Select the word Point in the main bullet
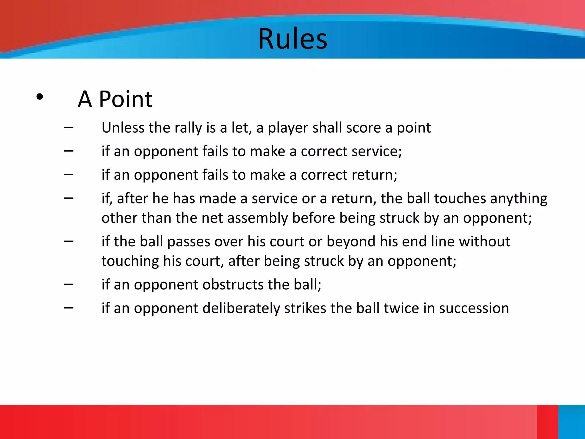click(x=125, y=99)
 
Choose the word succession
click(x=474, y=308)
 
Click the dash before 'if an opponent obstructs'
click(x=69, y=284)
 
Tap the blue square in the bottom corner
click(x=571, y=422)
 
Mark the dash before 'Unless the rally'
click(x=69, y=127)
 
